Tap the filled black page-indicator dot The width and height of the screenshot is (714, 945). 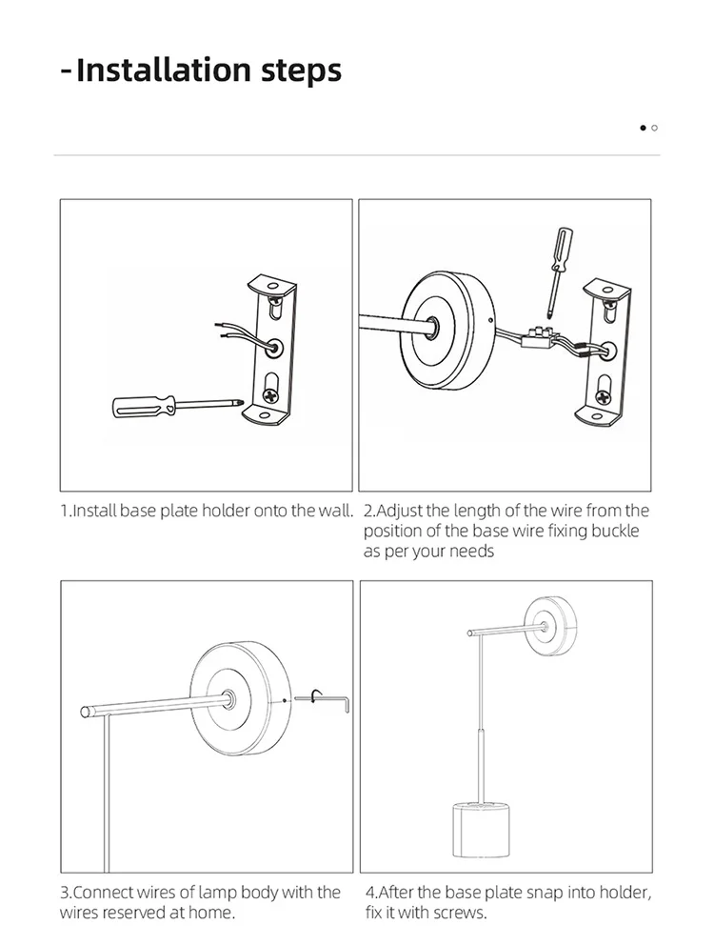(644, 127)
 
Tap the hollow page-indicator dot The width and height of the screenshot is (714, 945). (655, 127)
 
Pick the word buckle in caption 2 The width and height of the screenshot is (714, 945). (617, 532)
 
